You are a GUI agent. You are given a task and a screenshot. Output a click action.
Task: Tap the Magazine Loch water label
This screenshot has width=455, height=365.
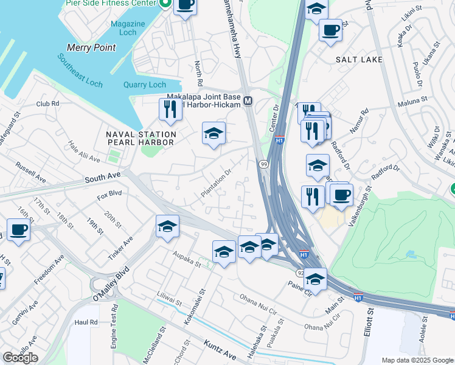click(x=128, y=29)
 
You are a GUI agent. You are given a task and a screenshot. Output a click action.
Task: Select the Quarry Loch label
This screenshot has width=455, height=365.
click(x=144, y=85)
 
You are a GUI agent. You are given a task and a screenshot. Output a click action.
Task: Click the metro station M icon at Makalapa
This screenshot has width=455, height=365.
click(x=248, y=100)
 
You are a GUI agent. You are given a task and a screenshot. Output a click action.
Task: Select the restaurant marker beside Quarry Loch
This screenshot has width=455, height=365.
click(x=169, y=109)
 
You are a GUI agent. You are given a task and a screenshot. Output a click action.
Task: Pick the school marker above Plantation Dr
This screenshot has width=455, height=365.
click(x=214, y=133)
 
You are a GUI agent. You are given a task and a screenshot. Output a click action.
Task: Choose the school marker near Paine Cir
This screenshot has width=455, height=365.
click(x=315, y=279)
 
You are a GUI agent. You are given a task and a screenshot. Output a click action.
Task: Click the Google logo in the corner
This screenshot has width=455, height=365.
click(x=20, y=358)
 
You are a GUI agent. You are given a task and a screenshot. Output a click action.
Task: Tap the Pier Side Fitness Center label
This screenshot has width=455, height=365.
click(x=111, y=4)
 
